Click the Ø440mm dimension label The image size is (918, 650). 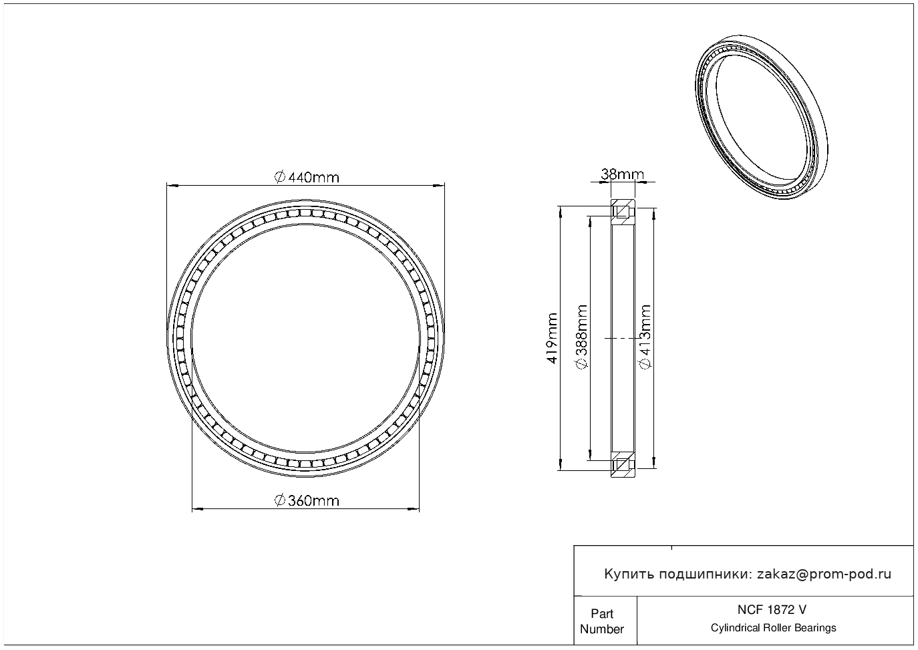tap(307, 178)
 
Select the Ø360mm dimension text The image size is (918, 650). tap(307, 501)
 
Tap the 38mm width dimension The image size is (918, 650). tap(622, 174)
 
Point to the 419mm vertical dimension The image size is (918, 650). tap(553, 338)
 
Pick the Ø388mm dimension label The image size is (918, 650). tap(582, 337)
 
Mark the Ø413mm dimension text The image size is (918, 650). tap(645, 337)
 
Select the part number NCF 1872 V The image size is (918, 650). tap(772, 610)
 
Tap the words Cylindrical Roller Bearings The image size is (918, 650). tap(773, 628)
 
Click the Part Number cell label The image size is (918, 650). tap(601, 621)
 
